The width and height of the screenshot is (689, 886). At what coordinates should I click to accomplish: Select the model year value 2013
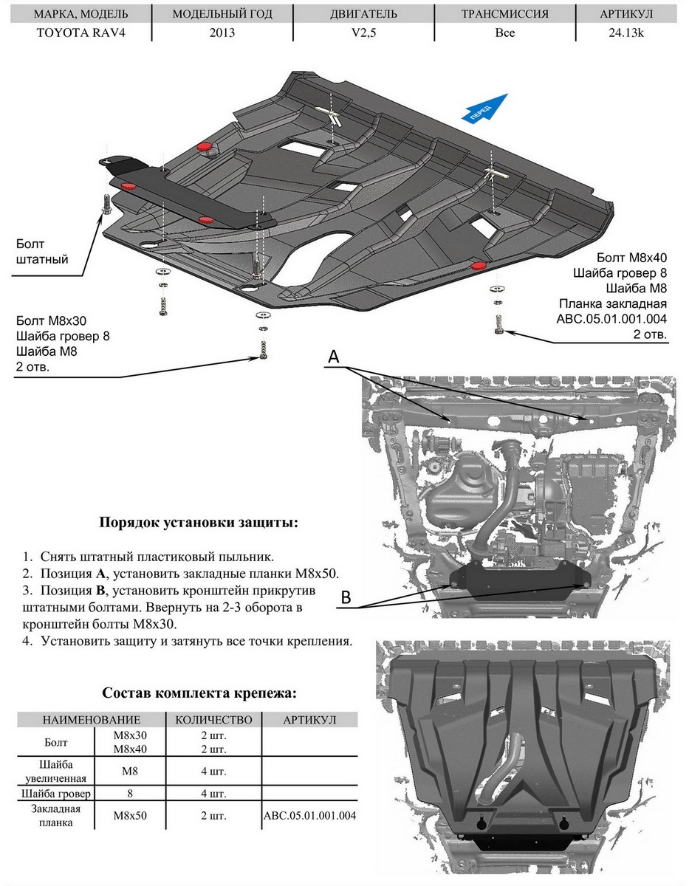[222, 32]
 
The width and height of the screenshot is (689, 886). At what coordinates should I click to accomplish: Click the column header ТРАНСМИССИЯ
[505, 14]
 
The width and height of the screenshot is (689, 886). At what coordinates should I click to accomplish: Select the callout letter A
[333, 357]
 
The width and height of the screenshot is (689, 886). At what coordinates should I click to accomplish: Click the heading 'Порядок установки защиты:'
[199, 523]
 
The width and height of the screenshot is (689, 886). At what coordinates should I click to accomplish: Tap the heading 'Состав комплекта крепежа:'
[200, 693]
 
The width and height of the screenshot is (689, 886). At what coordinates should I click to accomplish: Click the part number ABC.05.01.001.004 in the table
[310, 816]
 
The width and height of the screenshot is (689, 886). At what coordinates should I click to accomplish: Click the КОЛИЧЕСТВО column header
[214, 720]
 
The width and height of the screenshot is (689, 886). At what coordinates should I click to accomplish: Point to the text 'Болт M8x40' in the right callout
[631, 258]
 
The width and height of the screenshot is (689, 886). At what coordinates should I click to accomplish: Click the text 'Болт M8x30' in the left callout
[50, 321]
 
